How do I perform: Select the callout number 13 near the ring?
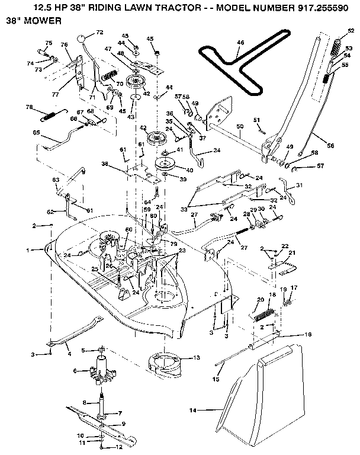coord(196,358)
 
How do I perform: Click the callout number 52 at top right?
coord(351,30)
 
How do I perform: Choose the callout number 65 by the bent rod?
coord(37,134)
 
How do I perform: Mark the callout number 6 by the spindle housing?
coord(75,371)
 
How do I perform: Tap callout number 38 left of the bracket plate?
coord(104,164)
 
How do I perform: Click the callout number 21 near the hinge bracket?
coord(291,253)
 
